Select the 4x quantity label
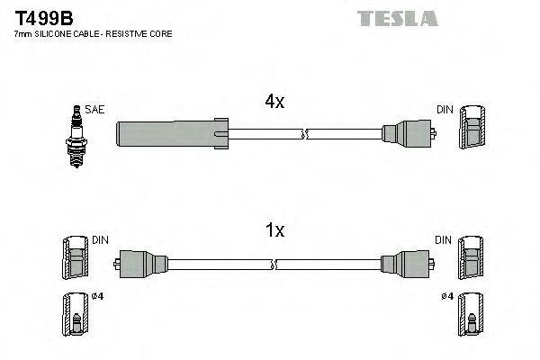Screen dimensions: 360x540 (x=274, y=103)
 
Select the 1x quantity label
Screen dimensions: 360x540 (x=274, y=230)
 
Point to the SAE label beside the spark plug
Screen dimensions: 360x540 (x=95, y=109)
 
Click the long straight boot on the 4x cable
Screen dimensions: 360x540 (x=171, y=135)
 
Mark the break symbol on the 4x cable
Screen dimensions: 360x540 (x=304, y=135)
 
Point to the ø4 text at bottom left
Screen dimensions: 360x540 (x=97, y=298)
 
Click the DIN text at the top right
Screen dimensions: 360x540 (x=445, y=109)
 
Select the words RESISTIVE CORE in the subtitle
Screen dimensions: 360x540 (x=141, y=33)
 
